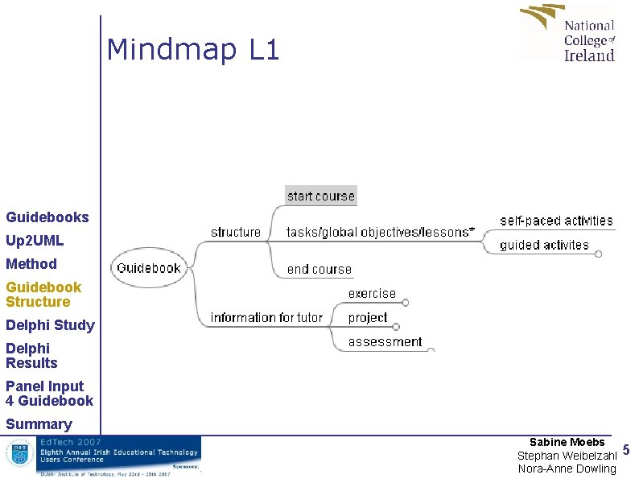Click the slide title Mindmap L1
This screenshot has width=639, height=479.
(x=193, y=51)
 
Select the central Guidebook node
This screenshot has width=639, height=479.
(x=149, y=268)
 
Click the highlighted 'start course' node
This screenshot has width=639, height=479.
(x=320, y=196)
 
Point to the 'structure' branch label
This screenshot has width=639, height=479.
(x=236, y=232)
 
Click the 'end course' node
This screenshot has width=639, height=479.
(x=319, y=269)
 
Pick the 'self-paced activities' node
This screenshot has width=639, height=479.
(x=556, y=221)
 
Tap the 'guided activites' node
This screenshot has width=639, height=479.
(x=544, y=245)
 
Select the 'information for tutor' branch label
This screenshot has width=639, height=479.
(x=266, y=317)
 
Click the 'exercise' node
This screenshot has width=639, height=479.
(x=372, y=294)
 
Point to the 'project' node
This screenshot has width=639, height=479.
(x=368, y=317)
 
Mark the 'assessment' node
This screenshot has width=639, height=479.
(x=385, y=341)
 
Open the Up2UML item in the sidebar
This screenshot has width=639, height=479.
(x=35, y=240)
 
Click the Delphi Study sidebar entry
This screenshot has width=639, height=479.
(x=50, y=325)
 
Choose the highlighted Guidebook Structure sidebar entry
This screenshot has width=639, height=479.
(x=43, y=294)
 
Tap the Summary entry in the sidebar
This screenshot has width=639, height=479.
(x=39, y=423)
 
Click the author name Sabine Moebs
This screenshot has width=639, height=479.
(x=567, y=442)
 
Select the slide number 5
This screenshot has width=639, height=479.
(x=627, y=451)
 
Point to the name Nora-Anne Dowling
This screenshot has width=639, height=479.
(x=567, y=469)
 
